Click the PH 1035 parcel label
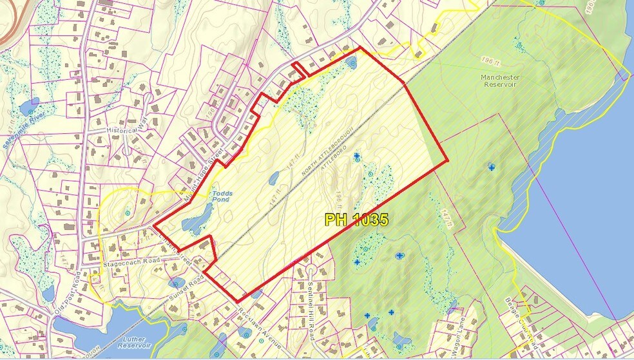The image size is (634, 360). pyautogui.click(x=356, y=220)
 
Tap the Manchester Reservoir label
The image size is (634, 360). pyautogui.click(x=500, y=82)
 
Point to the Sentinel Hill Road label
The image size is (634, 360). pyautogui.click(x=311, y=302)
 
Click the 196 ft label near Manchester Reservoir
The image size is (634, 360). pyautogui.click(x=490, y=60)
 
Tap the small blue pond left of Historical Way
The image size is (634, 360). pyautogui.click(x=30, y=106)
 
